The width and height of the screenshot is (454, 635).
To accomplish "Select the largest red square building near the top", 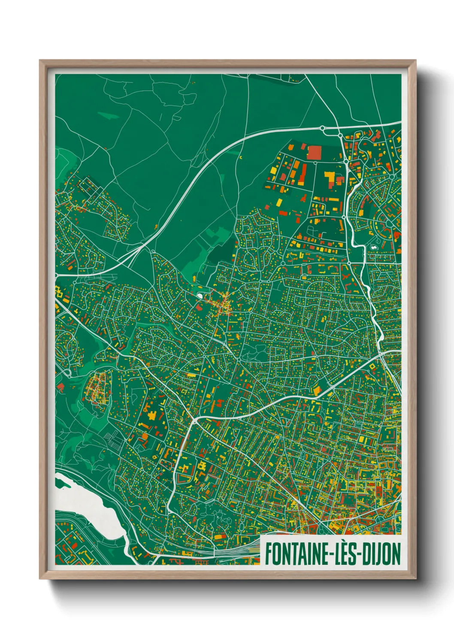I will coord(314,152).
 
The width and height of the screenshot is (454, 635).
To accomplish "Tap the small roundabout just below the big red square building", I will coord(315,163).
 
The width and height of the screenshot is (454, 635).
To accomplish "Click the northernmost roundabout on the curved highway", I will coord(322,128).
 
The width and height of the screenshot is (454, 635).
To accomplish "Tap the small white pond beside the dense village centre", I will coord(200,295).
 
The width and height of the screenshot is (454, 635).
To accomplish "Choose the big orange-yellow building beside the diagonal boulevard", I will coord(318,390).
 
